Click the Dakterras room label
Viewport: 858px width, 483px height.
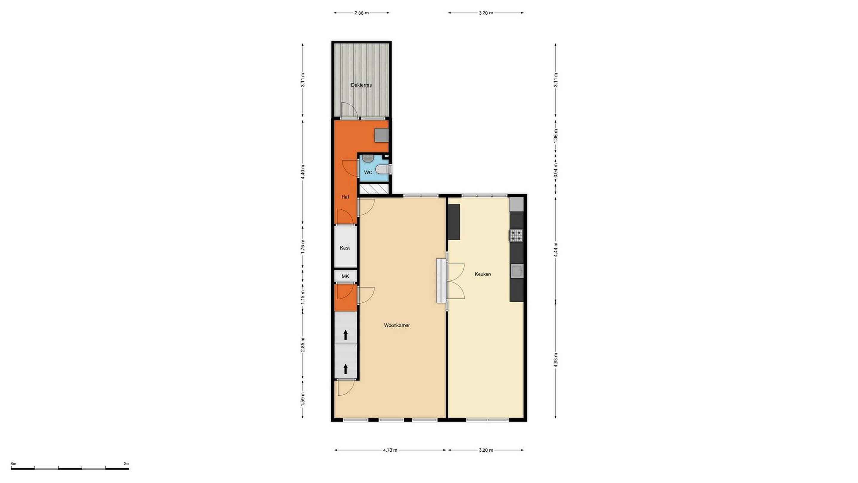click(x=361, y=85)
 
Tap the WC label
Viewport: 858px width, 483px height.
click(x=368, y=172)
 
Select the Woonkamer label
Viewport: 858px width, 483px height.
click(x=397, y=325)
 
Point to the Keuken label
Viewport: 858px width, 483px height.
click(x=482, y=274)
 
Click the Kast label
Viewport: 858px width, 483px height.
click(x=345, y=248)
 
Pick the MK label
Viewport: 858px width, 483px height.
click(x=345, y=276)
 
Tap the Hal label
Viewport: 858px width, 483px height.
click(x=345, y=197)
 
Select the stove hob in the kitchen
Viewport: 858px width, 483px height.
click(x=516, y=235)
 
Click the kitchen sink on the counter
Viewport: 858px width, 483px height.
click(x=517, y=271)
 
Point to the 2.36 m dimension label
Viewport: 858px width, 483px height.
click(x=361, y=13)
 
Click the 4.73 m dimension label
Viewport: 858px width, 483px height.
click(x=390, y=450)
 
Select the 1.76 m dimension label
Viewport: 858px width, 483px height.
click(x=302, y=246)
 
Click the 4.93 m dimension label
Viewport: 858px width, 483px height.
click(x=556, y=360)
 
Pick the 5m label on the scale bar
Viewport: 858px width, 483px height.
click(x=126, y=463)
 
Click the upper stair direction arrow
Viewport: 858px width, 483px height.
click(x=345, y=335)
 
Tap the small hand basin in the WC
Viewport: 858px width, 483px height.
click(x=367, y=158)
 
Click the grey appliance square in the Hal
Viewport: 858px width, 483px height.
click(x=381, y=135)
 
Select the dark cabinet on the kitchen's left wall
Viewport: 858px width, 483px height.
click(x=454, y=222)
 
